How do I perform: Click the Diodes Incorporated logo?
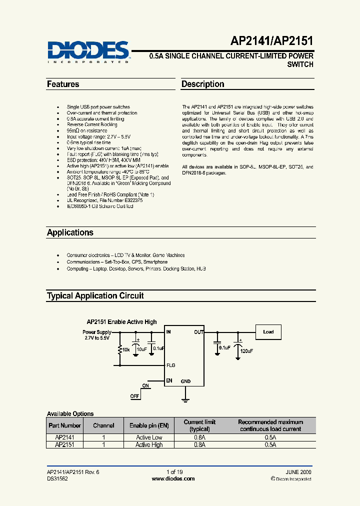88,51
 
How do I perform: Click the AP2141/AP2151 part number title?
279,41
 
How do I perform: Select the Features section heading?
63,84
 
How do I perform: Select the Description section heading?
202,84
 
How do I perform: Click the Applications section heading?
70,232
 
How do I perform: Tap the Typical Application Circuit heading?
95,295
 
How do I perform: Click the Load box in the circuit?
268,332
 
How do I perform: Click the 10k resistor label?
125,349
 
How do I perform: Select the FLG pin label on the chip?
171,365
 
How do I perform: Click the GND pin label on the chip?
185,381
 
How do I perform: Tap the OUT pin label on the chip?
198,331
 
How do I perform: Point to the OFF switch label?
135,396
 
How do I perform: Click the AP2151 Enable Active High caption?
121,322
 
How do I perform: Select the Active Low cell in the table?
149,437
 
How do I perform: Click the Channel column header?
103,425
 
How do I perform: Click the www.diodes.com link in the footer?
173,478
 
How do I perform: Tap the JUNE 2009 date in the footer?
298,472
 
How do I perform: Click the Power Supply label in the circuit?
97,332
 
